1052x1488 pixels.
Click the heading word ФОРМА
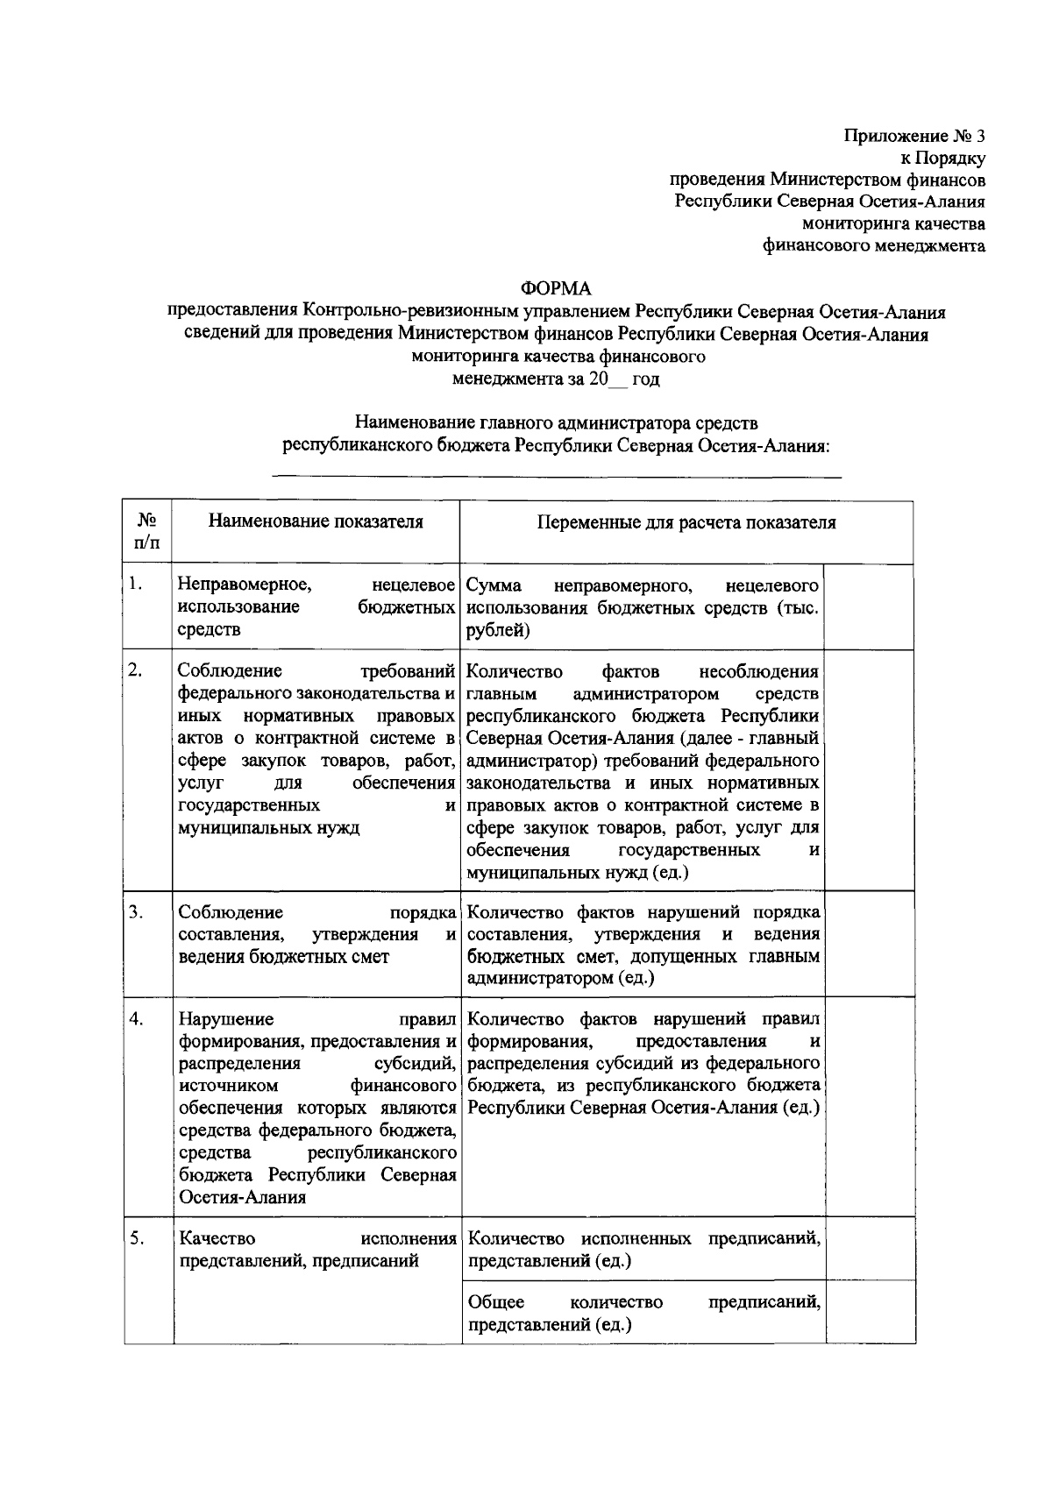click(556, 288)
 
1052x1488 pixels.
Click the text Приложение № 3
click(914, 136)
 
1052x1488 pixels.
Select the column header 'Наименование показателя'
click(316, 522)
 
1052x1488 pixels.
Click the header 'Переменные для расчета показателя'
click(686, 523)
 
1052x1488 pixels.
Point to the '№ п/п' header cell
click(146, 532)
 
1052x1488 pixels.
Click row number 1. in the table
click(135, 585)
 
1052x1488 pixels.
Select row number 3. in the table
click(135, 912)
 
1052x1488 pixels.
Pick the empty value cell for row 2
click(870, 769)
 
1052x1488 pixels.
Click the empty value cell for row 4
click(870, 1107)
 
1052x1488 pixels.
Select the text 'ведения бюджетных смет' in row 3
click(283, 957)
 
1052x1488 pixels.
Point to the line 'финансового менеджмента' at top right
click(872, 246)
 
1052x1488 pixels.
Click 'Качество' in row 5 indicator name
click(217, 1239)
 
